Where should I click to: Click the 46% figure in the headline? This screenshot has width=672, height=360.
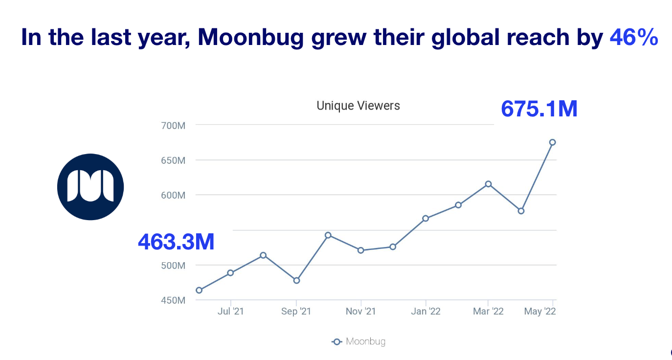(x=633, y=38)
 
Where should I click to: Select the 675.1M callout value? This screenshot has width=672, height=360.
(x=539, y=109)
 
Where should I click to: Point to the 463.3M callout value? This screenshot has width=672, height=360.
(x=176, y=242)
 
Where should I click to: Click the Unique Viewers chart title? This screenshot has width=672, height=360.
(x=358, y=105)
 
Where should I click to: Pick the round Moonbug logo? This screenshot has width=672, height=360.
(x=90, y=187)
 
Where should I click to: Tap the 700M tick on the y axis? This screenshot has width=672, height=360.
(x=173, y=125)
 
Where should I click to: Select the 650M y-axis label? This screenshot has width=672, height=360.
(x=173, y=160)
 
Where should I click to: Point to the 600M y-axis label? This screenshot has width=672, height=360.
(x=173, y=195)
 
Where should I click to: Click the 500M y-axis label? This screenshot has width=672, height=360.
(x=173, y=266)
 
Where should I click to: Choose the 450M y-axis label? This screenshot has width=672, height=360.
(x=173, y=300)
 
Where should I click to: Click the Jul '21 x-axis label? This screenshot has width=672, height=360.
(x=230, y=312)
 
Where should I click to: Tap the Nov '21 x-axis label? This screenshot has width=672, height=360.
(x=360, y=312)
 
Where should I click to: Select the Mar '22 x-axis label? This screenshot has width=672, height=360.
(x=488, y=312)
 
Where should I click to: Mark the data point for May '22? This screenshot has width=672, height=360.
(x=552, y=142)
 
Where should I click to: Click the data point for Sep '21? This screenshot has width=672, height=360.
(x=296, y=280)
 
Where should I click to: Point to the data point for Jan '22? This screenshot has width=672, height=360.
(x=426, y=218)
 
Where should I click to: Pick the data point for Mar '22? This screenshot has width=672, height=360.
(x=488, y=184)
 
